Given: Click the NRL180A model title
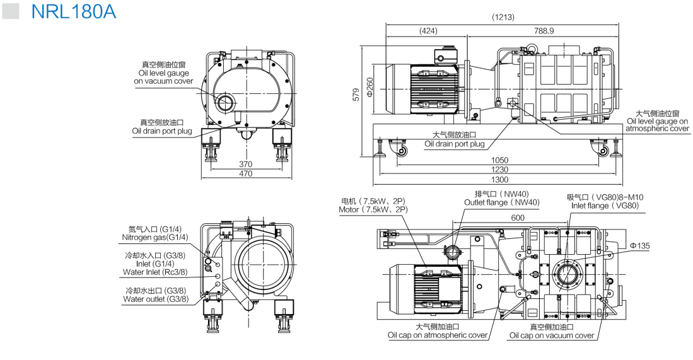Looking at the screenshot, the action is [73, 11].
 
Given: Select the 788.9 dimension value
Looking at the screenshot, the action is [544, 31].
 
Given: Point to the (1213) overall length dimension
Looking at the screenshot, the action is [503, 17].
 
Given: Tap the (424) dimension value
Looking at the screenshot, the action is [428, 31].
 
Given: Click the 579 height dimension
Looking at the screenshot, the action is [356, 95].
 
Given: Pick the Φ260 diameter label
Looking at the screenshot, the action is [370, 88].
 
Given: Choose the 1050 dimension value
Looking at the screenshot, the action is [499, 160].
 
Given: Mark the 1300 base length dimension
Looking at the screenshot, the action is [499, 179].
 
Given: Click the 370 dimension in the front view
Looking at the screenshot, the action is [246, 165].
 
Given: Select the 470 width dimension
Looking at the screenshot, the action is [246, 173].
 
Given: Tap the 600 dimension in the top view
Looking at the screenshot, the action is [518, 218].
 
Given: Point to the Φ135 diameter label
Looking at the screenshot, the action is [640, 246].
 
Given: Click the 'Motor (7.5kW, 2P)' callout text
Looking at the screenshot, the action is [373, 210].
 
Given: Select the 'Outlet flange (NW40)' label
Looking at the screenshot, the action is [502, 202].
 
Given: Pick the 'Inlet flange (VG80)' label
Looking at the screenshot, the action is [605, 206].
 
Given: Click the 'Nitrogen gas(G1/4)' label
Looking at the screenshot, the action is [154, 237].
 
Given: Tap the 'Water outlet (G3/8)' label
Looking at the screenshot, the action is [156, 299].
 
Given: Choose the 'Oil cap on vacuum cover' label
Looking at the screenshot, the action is [552, 335].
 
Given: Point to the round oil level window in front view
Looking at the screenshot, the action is [227, 101].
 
